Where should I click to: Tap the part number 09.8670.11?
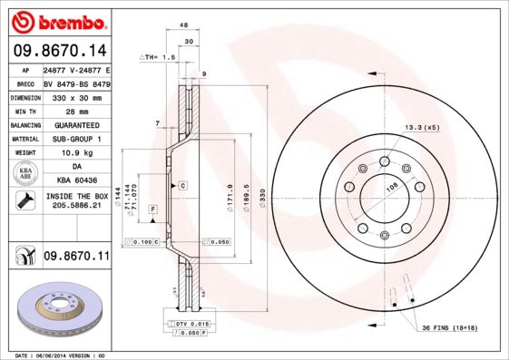pos(75,258)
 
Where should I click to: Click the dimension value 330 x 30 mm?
pos(75,95)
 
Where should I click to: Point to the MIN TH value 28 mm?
pos(75,110)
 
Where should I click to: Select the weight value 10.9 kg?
pos(75,153)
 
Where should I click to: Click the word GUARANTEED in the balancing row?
pos(75,124)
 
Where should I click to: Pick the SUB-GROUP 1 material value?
pos(75,139)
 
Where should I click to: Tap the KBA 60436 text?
pos(75,181)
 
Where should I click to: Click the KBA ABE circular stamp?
pos(24,174)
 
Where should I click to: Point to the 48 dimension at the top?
pos(184,26)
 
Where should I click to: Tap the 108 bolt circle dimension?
pos(393,187)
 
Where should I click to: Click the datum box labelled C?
pos(182,185)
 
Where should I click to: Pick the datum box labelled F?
pos(153,209)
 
